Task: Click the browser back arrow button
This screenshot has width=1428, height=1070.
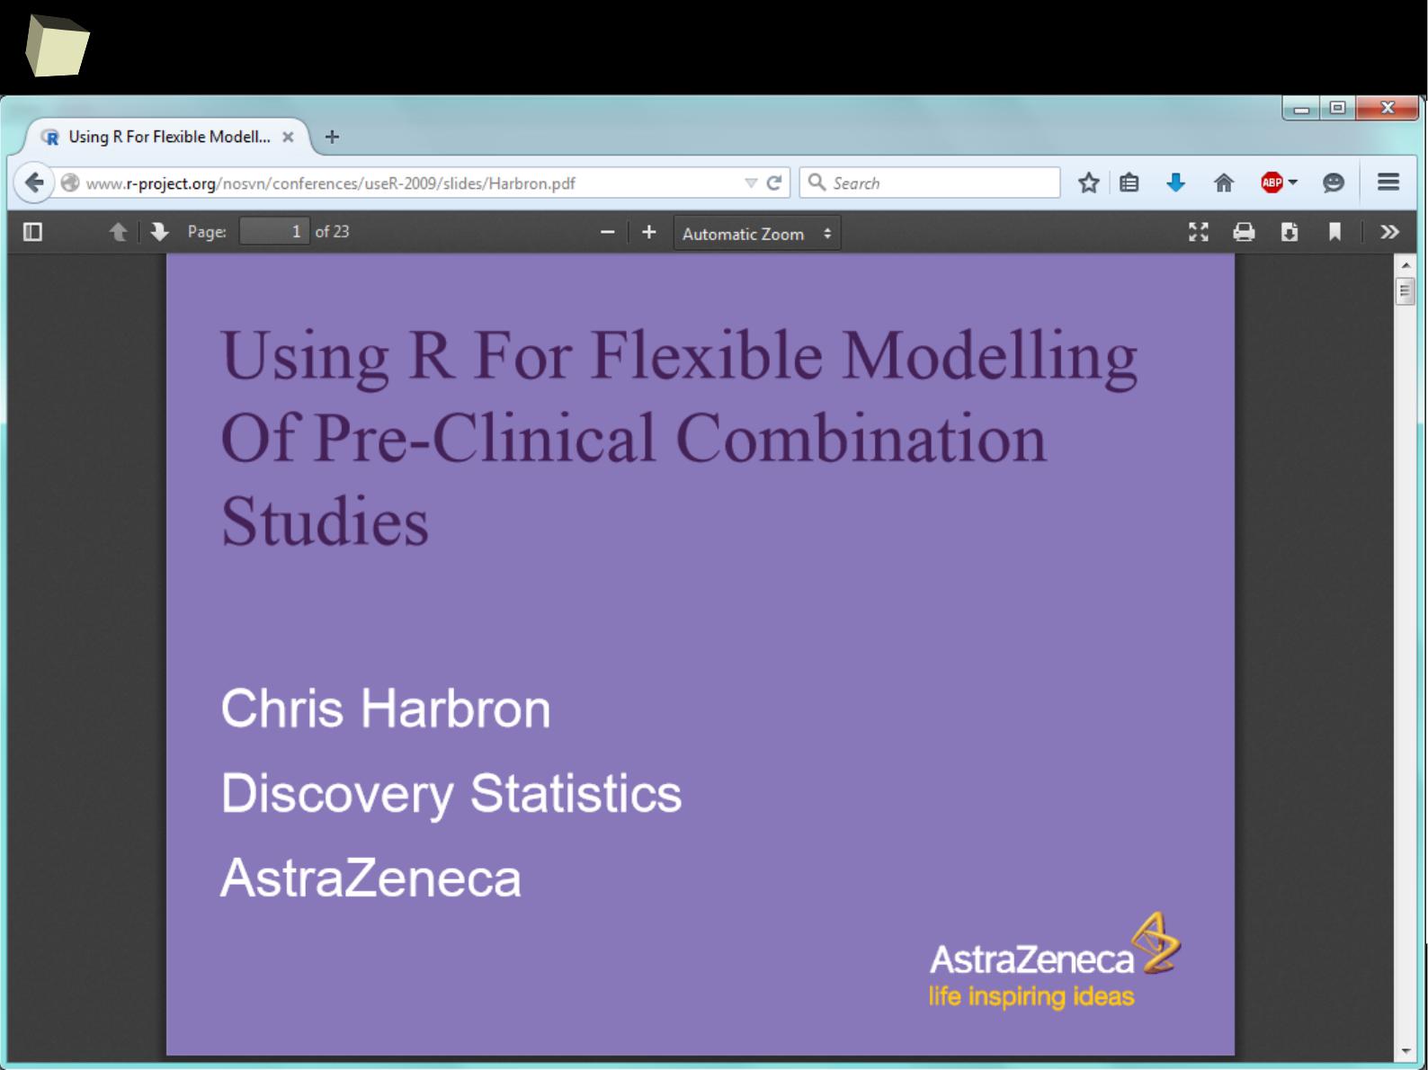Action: (34, 183)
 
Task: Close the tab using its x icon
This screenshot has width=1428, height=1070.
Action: (288, 138)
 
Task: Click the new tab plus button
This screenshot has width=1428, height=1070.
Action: (332, 138)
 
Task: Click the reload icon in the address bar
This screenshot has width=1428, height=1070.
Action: (773, 183)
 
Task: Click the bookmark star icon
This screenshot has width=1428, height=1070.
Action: (1088, 183)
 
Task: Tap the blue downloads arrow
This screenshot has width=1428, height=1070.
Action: (1175, 183)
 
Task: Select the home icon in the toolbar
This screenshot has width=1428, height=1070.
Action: (1224, 183)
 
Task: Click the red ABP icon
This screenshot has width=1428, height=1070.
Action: (1272, 183)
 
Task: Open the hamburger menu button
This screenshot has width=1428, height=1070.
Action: (1388, 183)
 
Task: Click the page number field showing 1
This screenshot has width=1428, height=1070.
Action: (274, 232)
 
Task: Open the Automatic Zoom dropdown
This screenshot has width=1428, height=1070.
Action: (757, 233)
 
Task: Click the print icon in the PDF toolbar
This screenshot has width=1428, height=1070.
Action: (1244, 232)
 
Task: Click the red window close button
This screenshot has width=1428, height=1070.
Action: (1387, 108)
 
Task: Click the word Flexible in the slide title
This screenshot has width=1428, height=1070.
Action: (707, 355)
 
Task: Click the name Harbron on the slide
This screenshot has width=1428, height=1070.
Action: (455, 709)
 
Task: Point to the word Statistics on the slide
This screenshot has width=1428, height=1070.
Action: (576, 793)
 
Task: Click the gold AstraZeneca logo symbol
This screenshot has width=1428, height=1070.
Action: (1156, 943)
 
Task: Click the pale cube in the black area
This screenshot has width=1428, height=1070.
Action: (57, 46)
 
